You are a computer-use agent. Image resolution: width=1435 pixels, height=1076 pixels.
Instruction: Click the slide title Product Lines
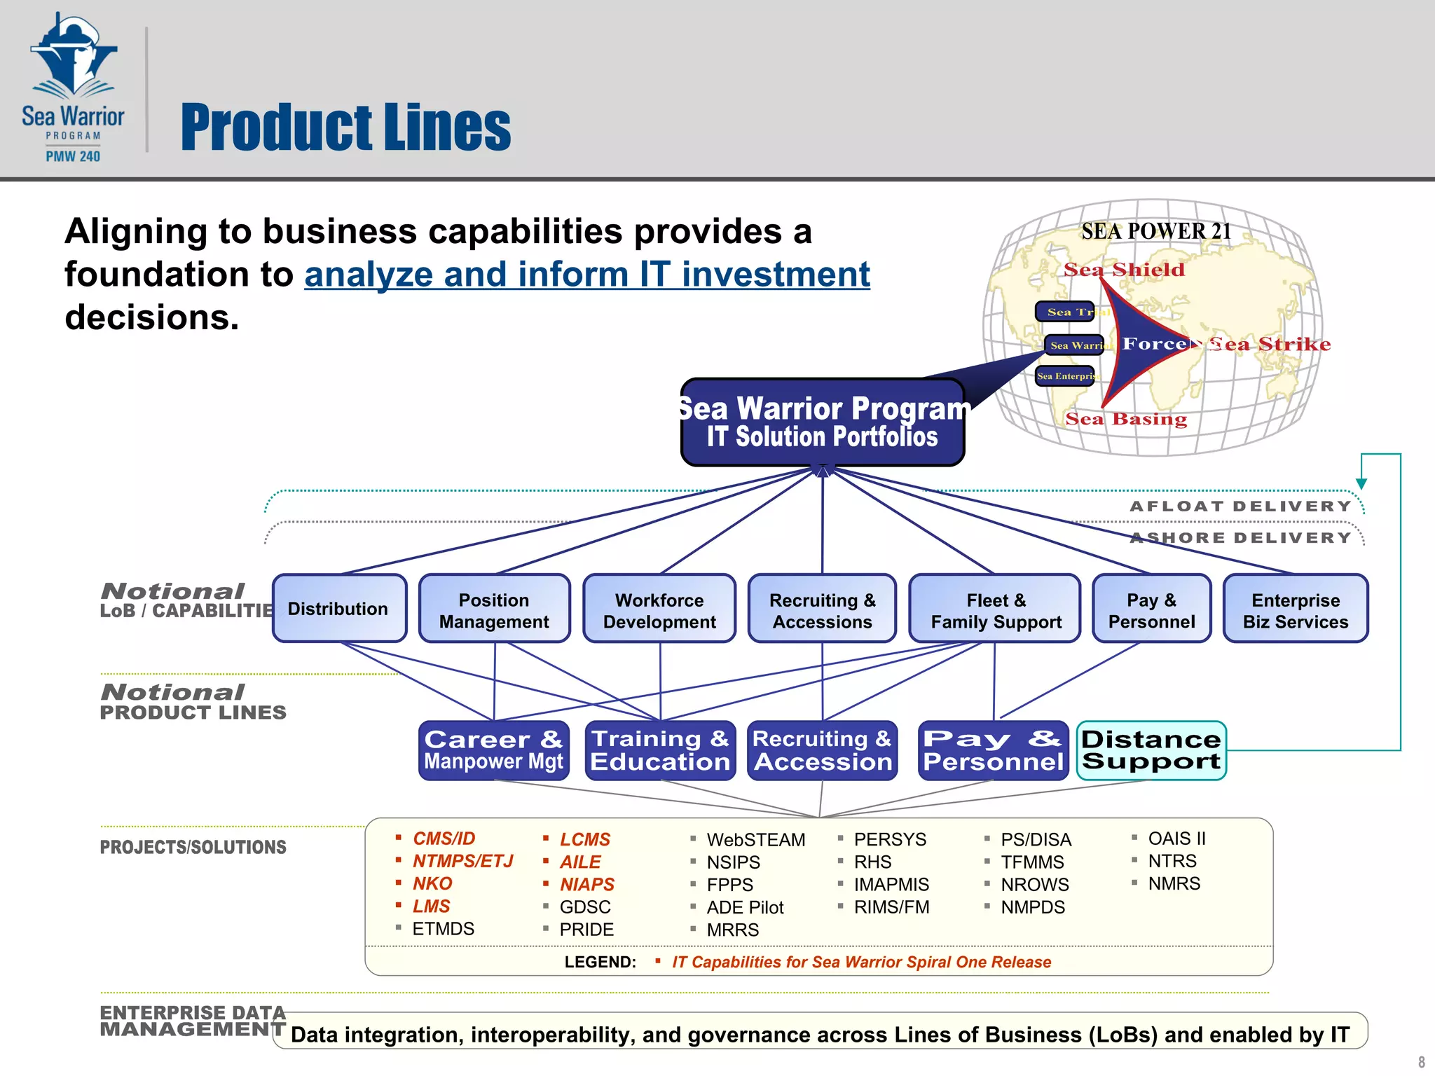[x=345, y=127]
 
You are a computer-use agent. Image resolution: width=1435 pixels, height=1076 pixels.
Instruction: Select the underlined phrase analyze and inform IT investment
[x=586, y=274]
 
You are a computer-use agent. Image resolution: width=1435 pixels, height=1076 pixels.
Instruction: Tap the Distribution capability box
[x=338, y=609]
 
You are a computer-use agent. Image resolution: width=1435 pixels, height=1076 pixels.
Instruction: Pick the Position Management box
[x=494, y=610]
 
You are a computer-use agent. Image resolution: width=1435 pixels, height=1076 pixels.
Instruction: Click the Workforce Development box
[x=659, y=610]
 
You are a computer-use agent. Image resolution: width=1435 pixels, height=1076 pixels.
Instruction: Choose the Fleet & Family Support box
[x=995, y=610]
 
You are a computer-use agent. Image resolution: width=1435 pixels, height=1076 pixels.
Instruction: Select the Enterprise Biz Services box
[x=1295, y=610]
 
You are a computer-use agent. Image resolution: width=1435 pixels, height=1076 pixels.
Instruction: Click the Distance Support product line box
[x=1151, y=750]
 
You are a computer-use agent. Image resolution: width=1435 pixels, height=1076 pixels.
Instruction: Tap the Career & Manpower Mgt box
[x=493, y=750]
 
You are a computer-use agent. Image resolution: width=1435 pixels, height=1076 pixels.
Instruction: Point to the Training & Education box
[x=660, y=750]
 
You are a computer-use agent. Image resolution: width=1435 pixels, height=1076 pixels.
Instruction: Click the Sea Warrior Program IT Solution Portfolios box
[x=823, y=422]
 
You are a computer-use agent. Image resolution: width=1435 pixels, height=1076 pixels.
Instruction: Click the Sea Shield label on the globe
[x=1124, y=270]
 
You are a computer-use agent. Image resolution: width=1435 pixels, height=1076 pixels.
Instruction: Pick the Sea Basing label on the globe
[x=1126, y=419]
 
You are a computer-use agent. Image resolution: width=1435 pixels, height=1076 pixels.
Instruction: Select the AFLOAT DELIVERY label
[x=1240, y=506]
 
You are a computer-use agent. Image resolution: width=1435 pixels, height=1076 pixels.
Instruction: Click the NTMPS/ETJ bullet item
[x=462, y=861]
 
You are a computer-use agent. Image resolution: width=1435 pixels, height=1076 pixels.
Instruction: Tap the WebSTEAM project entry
[x=755, y=839]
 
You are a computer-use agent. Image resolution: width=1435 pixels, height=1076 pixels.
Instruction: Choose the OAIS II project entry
[x=1176, y=839]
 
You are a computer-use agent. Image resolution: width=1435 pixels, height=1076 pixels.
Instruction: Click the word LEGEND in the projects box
[x=600, y=962]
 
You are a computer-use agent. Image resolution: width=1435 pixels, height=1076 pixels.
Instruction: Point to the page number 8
[x=1421, y=1062]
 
